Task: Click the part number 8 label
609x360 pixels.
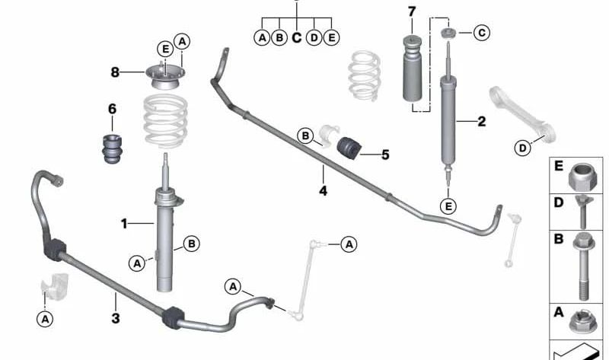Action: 115,72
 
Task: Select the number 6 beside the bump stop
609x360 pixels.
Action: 112,109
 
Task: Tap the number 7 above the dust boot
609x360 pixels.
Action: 412,12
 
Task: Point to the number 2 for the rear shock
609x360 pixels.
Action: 482,122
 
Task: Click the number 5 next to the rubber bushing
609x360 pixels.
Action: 385,155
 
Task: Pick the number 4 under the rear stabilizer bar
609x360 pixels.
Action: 323,191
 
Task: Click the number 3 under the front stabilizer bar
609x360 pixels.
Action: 116,318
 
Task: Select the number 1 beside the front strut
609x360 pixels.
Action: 124,224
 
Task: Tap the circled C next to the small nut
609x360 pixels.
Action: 482,33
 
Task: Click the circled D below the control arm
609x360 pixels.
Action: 523,148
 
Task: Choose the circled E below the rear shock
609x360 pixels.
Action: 448,205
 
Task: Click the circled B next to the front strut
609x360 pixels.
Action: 192,244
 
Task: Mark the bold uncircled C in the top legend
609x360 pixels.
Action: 296,37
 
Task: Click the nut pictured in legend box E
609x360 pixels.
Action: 582,177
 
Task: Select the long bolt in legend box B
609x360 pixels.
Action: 583,266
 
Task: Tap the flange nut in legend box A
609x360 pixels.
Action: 582,323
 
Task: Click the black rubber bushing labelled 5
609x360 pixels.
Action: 349,148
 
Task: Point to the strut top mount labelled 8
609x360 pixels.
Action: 165,77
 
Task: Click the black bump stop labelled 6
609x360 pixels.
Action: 112,148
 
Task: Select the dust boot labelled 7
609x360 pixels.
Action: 412,68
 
